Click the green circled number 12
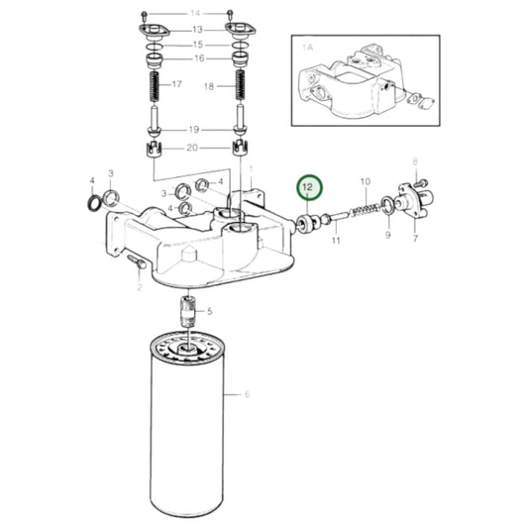[x=308, y=186]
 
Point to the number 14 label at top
[x=195, y=13]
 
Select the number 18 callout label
[x=208, y=87]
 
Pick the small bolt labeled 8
[x=419, y=183]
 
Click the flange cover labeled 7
[x=409, y=204]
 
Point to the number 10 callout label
[x=365, y=183]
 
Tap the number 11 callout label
[x=336, y=240]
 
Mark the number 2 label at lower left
[x=140, y=288]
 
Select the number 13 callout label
[x=195, y=30]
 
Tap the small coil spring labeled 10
[x=370, y=212]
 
